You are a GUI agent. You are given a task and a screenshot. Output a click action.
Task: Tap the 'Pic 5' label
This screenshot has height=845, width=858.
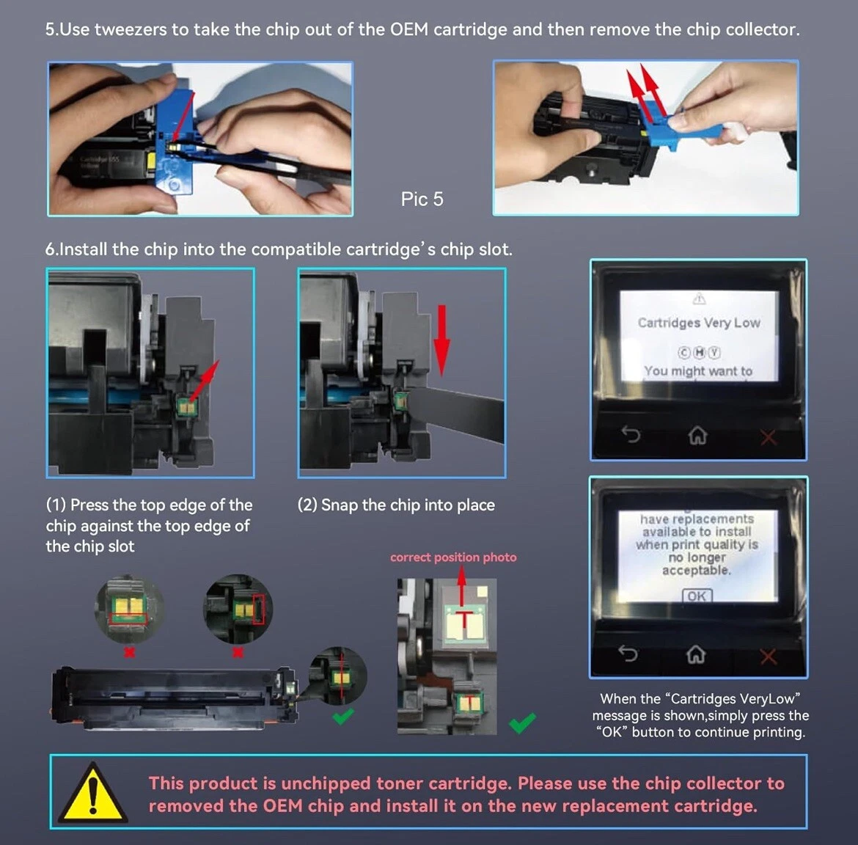coord(422,200)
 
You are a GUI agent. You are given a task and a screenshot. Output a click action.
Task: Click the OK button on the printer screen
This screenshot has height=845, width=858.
coord(697,596)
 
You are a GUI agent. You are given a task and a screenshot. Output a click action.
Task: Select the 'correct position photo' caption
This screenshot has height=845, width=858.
coord(453,557)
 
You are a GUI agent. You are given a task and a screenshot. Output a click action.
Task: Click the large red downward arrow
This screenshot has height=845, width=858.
coord(441,340)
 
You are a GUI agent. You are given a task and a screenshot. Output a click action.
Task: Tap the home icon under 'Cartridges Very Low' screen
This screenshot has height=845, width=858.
coord(697,435)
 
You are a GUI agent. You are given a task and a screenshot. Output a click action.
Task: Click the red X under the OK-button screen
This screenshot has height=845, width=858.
coord(769,656)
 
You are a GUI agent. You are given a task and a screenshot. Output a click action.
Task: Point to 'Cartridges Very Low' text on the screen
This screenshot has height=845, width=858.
coord(699,322)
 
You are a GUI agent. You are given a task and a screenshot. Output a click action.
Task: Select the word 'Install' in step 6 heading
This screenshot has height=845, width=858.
coord(83,249)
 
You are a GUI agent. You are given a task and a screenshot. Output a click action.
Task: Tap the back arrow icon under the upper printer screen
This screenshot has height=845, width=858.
coord(631,434)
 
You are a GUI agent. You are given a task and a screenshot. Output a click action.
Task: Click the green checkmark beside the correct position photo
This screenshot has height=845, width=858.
coord(522,723)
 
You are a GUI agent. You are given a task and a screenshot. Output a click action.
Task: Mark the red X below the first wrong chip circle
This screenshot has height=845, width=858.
coord(129,652)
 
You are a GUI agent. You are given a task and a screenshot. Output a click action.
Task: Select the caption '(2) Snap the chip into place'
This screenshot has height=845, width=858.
coord(396,505)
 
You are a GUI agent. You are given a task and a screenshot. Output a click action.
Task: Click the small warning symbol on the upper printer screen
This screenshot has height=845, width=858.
coord(700,299)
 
